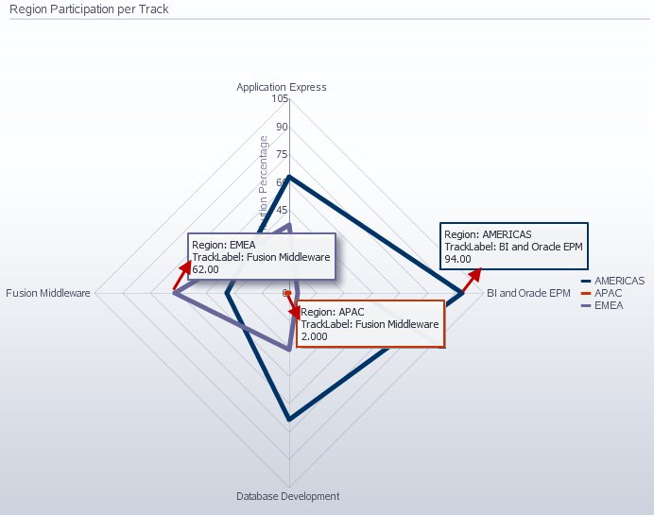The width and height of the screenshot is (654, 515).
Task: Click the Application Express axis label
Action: click(282, 87)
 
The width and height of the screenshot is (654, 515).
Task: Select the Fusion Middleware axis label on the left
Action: click(48, 293)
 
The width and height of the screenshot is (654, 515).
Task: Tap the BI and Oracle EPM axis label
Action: click(528, 293)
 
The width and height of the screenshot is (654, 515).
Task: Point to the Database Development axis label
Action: click(287, 496)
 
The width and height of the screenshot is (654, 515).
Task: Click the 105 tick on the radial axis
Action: click(279, 98)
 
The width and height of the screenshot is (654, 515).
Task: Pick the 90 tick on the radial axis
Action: click(282, 127)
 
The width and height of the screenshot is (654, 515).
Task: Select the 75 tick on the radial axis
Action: click(282, 154)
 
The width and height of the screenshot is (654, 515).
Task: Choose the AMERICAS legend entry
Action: click(619, 281)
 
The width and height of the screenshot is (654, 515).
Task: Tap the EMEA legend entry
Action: click(609, 305)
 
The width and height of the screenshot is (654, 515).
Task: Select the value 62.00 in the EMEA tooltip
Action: click(205, 269)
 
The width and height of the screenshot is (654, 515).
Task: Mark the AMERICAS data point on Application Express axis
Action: click(289, 177)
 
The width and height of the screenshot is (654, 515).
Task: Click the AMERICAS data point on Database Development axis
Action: click(289, 419)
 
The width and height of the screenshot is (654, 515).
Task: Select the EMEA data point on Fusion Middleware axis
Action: click(174, 294)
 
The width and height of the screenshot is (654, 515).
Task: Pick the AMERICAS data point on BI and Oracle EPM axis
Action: click(463, 294)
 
